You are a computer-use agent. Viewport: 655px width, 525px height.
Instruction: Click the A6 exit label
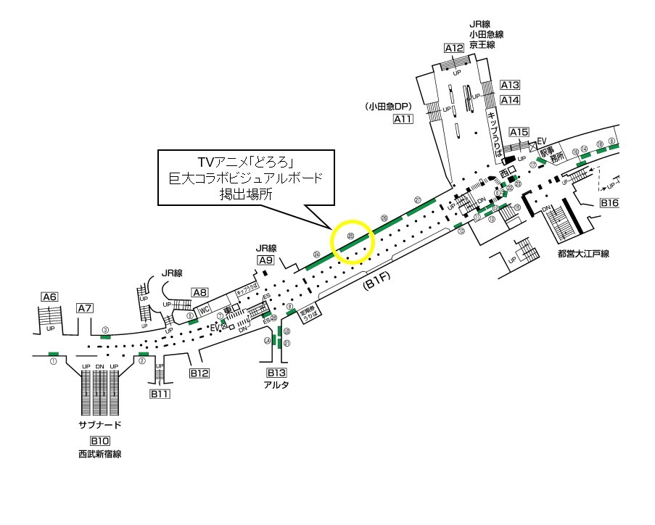tap(49, 297)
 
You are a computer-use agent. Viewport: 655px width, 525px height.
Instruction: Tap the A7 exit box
tap(85, 308)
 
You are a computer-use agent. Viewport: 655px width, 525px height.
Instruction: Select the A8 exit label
tap(200, 292)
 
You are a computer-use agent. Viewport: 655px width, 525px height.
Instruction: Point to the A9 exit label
tap(265, 260)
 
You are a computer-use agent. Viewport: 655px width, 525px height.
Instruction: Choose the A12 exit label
tap(454, 49)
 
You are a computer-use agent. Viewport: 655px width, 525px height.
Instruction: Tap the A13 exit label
tap(511, 85)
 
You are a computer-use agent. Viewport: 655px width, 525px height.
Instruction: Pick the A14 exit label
tap(511, 100)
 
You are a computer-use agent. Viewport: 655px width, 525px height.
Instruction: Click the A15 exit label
tap(519, 132)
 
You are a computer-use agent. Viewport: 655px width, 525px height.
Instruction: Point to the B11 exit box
tap(160, 394)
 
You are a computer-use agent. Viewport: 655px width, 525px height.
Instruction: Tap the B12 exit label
tap(199, 373)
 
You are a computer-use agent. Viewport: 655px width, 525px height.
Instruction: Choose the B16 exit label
tap(610, 203)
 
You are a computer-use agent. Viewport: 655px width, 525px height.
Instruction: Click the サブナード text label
tap(99, 425)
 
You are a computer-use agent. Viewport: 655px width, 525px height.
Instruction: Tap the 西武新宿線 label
tap(99, 455)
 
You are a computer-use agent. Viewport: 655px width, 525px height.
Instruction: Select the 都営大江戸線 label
tap(583, 254)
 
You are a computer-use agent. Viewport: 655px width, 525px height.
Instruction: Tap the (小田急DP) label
tap(389, 106)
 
